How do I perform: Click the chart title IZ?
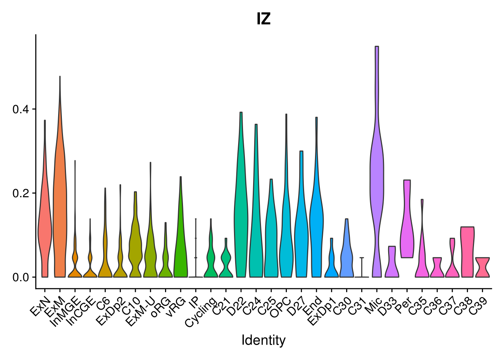click(264, 19)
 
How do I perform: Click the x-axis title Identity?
click(263, 340)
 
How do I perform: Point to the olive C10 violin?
click(135, 244)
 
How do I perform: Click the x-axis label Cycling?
click(201, 312)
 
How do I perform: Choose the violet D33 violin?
click(392, 266)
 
